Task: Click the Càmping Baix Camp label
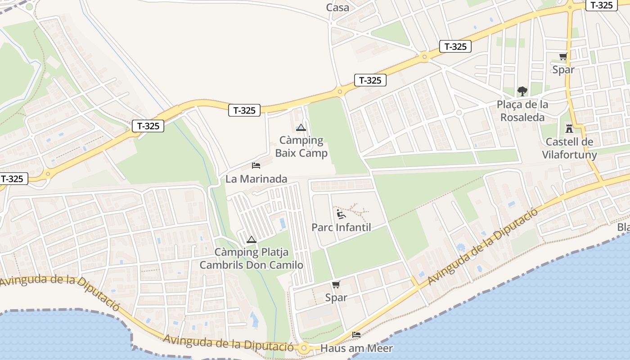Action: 301,147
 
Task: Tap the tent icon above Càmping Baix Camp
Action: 301,128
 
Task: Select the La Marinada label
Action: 256,179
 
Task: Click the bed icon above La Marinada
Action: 256,166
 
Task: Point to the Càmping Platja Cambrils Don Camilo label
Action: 252,259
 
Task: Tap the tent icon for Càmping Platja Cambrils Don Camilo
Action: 252,239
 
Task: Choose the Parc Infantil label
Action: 341,227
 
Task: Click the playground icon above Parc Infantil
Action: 341,214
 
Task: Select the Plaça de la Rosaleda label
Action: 522,111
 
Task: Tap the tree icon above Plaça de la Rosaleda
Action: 522,91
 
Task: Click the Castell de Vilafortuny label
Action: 569,148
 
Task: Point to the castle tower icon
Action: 569,129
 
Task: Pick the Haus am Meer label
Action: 356,348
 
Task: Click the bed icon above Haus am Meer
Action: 356,335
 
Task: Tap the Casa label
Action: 337,7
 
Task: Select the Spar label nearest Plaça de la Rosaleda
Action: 563,70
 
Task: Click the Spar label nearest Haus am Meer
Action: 336,297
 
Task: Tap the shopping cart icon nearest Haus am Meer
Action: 336,284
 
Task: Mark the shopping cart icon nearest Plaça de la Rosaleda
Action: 563,57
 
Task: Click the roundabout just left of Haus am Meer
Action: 304,347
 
